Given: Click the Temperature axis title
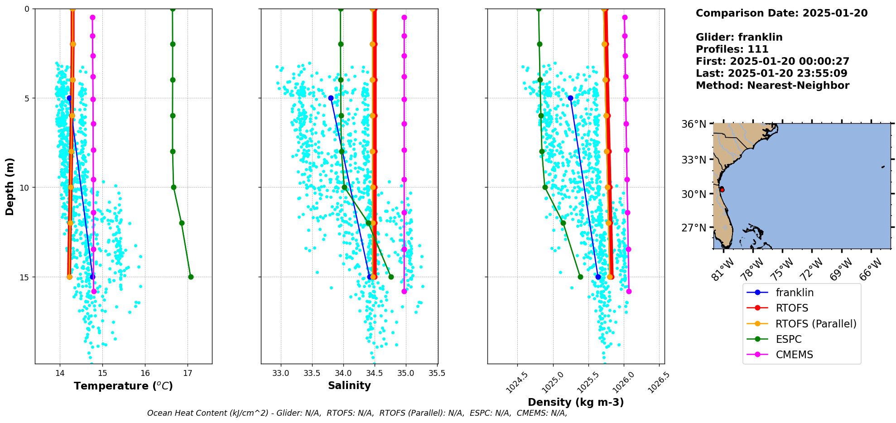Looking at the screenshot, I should (123, 386).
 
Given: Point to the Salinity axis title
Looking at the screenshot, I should (349, 385).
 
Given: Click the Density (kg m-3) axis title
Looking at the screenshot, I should (576, 402).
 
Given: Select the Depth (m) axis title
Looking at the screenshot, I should (10, 186).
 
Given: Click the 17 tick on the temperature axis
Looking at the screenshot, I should (188, 373).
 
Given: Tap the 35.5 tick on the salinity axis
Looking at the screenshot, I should (437, 373).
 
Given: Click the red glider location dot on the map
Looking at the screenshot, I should (722, 190).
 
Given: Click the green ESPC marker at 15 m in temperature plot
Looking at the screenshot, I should (191, 277).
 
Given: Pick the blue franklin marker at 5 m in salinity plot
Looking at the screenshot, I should (331, 98).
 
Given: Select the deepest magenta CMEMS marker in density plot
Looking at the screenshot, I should (629, 291).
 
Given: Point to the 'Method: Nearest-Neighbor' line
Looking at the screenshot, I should (772, 86).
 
